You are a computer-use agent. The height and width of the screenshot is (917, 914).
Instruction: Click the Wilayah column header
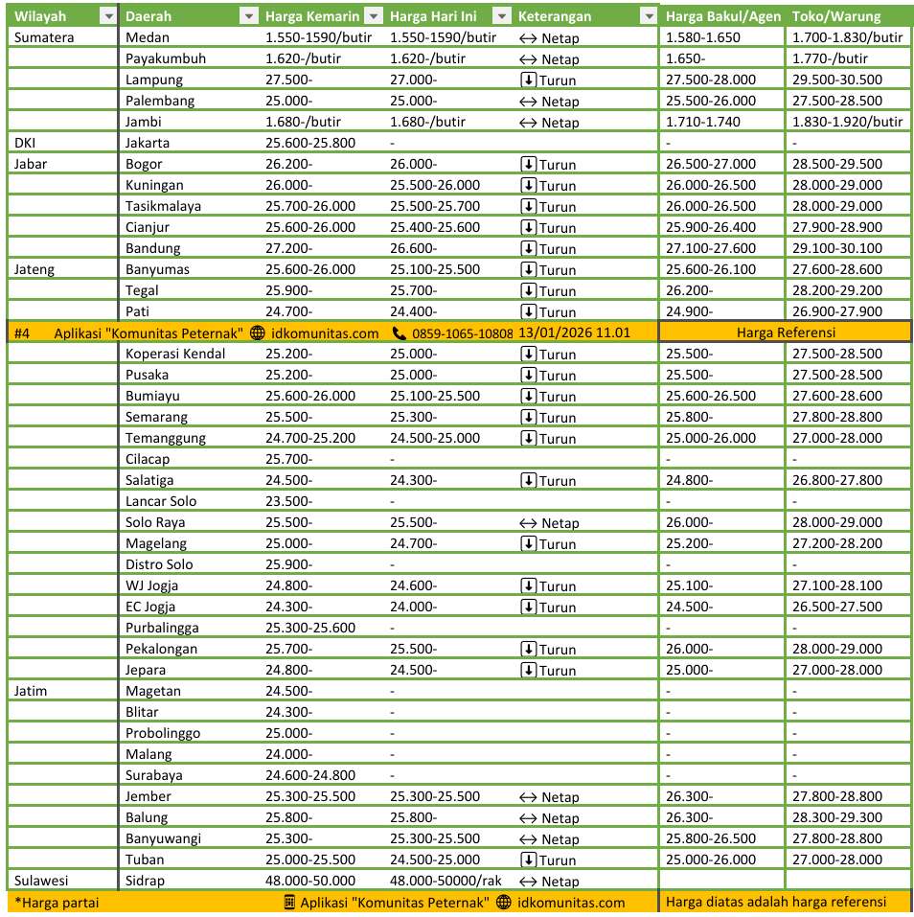[40, 16]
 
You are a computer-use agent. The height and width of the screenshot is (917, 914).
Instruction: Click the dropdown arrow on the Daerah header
[248, 16]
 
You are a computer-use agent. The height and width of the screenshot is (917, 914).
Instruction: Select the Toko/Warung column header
[836, 16]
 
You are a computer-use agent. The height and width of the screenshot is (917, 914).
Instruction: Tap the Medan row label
[147, 37]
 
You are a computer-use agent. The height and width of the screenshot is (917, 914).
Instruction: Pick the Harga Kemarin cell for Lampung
[288, 80]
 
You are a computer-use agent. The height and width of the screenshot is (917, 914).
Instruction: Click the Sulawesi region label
[41, 881]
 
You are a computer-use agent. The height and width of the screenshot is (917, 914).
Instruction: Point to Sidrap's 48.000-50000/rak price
[446, 881]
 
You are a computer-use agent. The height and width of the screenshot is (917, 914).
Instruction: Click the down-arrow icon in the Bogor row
[528, 164]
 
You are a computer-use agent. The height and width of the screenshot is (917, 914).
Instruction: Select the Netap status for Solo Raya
[549, 522]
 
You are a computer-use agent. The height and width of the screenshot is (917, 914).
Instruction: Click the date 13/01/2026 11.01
[574, 332]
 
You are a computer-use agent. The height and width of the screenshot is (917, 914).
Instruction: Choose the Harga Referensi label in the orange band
[785, 332]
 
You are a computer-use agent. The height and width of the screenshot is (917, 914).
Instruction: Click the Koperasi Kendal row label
[175, 354]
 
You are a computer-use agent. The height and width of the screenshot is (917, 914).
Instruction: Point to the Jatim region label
[31, 691]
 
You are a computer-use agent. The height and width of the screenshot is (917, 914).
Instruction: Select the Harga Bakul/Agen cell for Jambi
[703, 122]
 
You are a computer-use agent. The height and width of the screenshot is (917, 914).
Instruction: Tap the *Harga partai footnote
[57, 902]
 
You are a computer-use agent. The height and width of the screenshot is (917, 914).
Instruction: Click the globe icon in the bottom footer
[504, 902]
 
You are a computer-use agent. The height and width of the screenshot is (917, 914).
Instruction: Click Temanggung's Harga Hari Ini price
[435, 438]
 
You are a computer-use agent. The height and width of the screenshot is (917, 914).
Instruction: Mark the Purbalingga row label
[162, 628]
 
